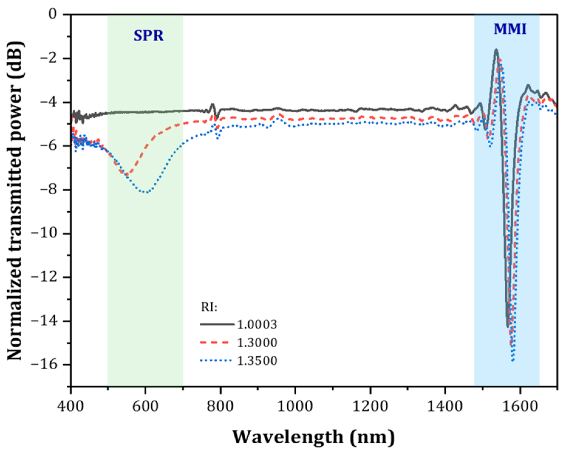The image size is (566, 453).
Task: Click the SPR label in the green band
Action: (148, 36)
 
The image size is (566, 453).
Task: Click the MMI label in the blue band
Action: (510, 30)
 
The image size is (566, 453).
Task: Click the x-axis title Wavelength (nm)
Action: (314, 437)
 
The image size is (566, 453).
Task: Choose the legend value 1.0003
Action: (257, 325)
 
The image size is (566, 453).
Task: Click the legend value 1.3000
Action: (257, 343)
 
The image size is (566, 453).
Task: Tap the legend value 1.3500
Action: (257, 361)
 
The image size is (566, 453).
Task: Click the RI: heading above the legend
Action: (209, 308)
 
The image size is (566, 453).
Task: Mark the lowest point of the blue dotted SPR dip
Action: (146, 192)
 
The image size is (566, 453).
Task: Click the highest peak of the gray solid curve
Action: (496, 49)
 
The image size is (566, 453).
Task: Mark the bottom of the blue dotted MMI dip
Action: (513, 361)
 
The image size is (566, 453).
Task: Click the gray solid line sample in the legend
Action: (217, 325)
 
